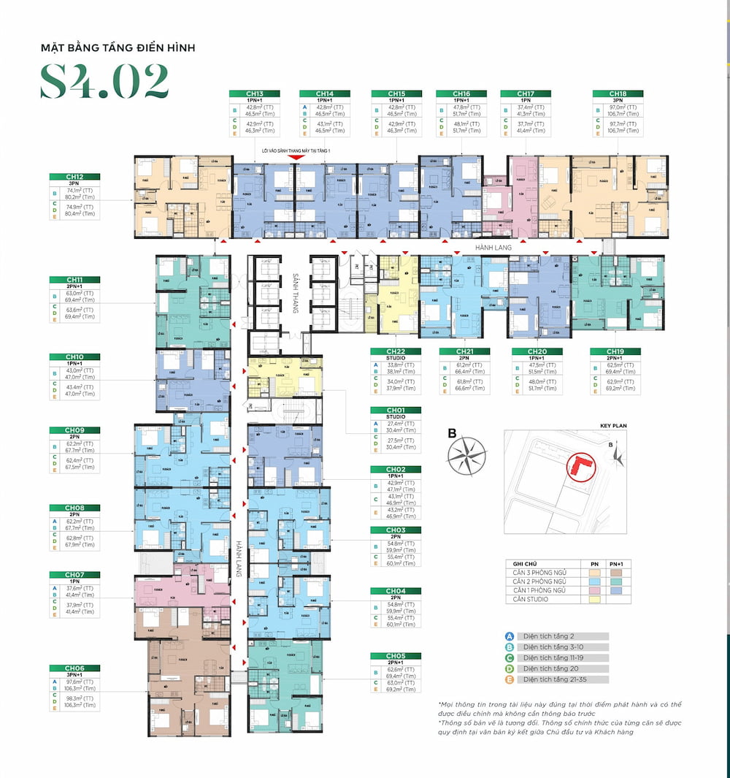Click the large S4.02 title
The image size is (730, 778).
click(x=104, y=82)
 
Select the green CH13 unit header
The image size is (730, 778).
click(x=254, y=94)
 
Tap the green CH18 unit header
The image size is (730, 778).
click(x=618, y=94)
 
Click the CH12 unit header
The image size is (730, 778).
click(x=74, y=177)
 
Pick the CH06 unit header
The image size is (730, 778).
click(x=74, y=668)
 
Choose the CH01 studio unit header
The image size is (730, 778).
click(x=396, y=411)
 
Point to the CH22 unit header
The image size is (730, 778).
click(x=396, y=351)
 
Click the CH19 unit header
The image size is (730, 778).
click(x=615, y=351)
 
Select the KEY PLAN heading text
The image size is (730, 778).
click(x=613, y=425)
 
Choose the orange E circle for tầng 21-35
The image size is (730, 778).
click(x=509, y=679)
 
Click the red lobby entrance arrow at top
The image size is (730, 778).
click(x=295, y=158)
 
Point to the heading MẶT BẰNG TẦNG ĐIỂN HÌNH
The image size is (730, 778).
click(x=118, y=48)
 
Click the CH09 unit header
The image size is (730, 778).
click(x=74, y=430)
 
